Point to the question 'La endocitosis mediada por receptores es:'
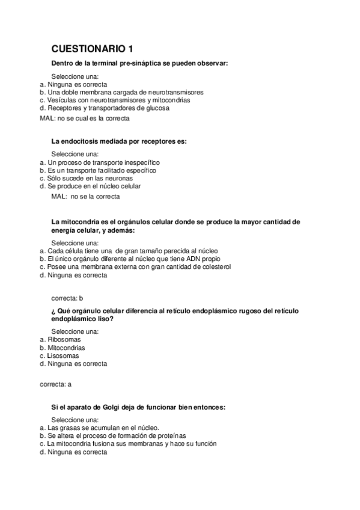(119, 141)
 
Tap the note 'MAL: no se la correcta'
(86, 196)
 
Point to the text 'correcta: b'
(67, 297)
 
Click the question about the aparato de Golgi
(138, 407)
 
